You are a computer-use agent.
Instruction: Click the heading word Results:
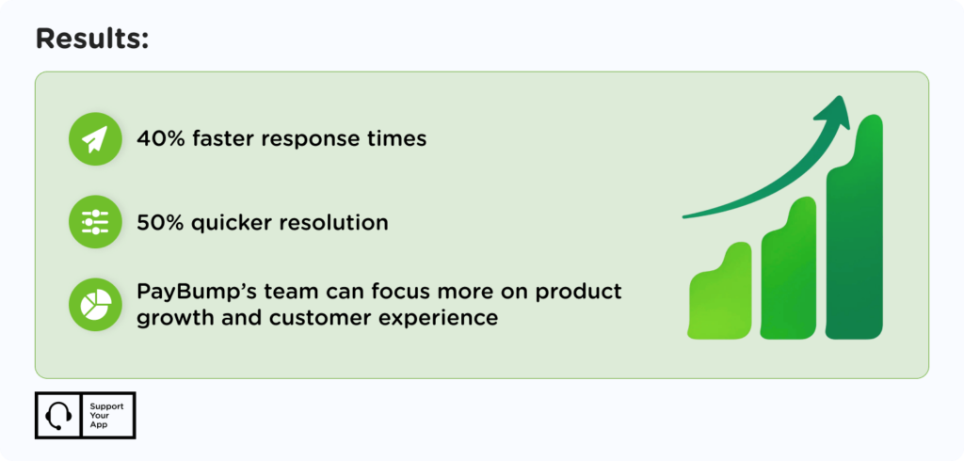coord(92,40)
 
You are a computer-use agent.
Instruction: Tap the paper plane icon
coord(94,139)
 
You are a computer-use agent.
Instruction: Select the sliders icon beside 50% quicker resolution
coord(94,223)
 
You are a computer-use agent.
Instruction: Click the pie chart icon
coord(94,305)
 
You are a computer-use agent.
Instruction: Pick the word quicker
coord(235,223)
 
